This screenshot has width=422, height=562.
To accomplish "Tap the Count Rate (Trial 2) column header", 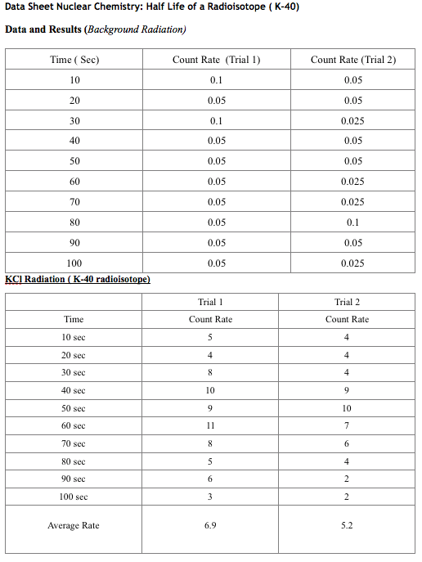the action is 353,60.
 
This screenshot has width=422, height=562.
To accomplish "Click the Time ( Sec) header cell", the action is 74,60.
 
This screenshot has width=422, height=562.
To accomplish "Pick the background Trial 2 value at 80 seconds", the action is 353,223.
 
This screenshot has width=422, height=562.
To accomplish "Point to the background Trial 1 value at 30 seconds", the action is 216,121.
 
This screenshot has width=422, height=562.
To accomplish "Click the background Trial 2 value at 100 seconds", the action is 353,263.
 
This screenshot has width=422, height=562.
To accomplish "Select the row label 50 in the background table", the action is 74,161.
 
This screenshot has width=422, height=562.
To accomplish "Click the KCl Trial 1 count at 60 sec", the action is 210,425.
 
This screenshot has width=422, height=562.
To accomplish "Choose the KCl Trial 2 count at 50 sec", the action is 347,408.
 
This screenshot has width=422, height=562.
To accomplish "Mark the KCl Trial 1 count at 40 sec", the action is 210,390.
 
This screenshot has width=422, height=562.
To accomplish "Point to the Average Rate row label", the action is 74,525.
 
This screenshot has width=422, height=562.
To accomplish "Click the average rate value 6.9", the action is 210,525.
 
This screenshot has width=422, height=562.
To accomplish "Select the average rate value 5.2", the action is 347,525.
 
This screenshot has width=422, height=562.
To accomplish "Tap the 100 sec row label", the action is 74,497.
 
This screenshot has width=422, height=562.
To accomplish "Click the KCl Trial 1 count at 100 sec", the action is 210,497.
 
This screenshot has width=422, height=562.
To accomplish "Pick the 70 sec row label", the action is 74,443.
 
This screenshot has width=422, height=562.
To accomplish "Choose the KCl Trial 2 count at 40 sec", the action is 347,390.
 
